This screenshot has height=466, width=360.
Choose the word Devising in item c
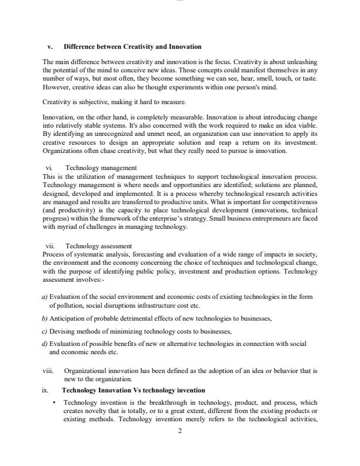coord(62,331)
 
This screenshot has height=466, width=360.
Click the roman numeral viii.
coord(48,372)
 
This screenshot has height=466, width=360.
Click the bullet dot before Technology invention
coord(54,402)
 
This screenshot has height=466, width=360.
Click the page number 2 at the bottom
coord(180,431)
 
